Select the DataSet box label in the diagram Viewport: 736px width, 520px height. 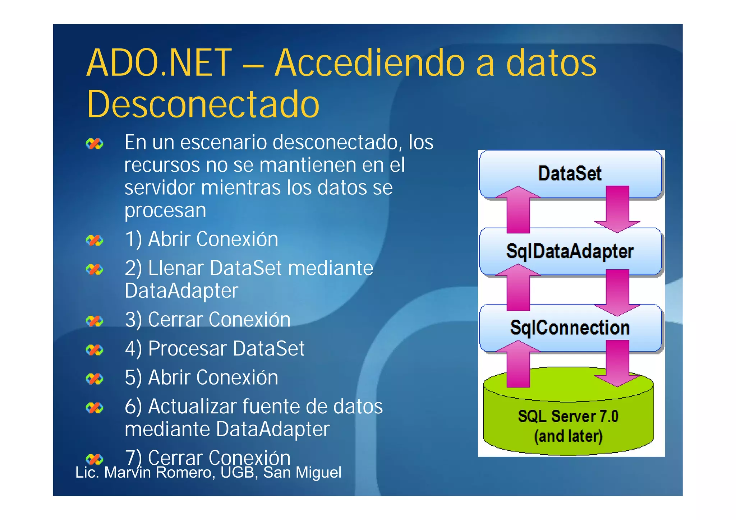point(570,173)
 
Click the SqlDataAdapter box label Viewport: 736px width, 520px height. point(570,251)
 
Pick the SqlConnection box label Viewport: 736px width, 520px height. point(570,328)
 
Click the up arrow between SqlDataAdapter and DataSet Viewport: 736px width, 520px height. point(518,210)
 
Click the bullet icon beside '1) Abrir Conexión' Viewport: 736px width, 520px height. point(95,241)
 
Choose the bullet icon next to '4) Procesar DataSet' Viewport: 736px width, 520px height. point(95,350)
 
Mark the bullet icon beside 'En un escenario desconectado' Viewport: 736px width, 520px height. point(95,144)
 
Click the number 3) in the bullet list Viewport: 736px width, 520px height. point(133,319)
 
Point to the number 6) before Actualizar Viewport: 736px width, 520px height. point(133,407)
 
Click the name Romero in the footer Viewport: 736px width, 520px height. point(183,472)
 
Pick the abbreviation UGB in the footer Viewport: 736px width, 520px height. point(238,472)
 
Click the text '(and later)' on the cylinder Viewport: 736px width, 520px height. point(568,436)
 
